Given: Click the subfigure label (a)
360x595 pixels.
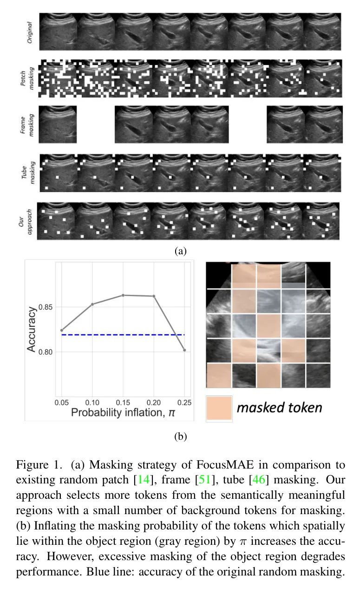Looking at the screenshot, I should (180, 251).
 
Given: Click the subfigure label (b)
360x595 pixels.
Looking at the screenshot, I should (180, 436).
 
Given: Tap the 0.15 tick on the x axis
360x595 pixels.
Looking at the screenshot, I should (123, 401).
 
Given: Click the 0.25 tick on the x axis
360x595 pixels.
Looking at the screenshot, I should (184, 401).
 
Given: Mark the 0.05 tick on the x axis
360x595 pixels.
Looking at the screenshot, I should (61, 401).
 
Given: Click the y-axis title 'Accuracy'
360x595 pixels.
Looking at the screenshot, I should (32, 329).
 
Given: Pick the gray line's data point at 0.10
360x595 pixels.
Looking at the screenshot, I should (92, 304).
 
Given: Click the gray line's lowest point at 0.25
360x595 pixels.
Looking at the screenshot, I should (184, 350).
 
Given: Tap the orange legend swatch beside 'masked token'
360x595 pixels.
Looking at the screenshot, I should (219, 409).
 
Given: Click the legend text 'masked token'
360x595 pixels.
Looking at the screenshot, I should (279, 408).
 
